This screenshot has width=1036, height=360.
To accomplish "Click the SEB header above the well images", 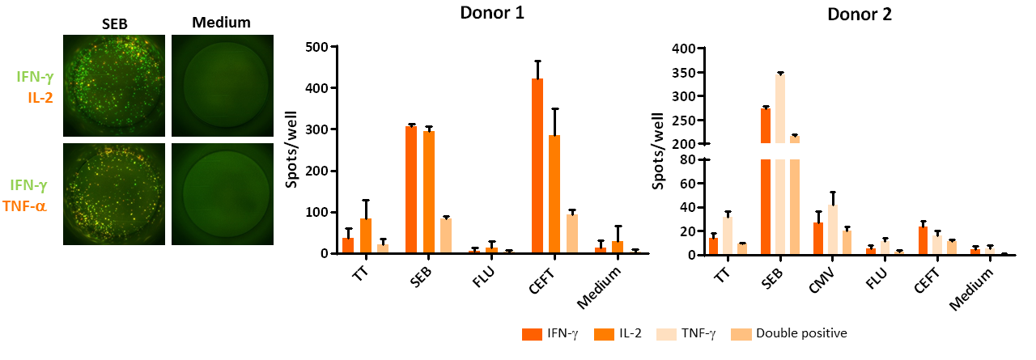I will click(113, 22).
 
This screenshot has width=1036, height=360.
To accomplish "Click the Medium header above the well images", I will click(221, 22).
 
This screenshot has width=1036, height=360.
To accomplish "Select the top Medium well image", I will click(221, 84).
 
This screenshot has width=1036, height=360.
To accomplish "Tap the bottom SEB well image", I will click(113, 193).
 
